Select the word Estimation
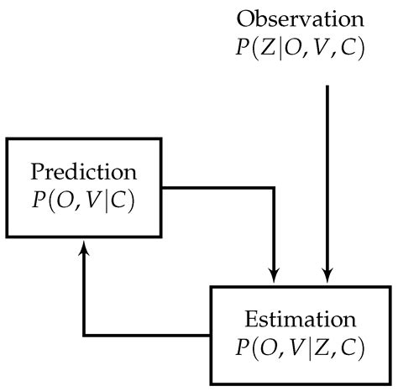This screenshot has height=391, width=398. (301, 320)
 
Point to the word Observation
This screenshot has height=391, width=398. (301, 18)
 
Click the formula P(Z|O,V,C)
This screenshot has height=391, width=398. (301, 47)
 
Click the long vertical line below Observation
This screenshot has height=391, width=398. (328, 168)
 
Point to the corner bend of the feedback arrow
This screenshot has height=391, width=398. (84, 333)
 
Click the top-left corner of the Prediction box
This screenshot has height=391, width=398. (8, 136)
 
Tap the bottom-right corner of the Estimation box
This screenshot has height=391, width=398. (390, 381)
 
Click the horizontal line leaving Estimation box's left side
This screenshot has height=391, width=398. (147, 333)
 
